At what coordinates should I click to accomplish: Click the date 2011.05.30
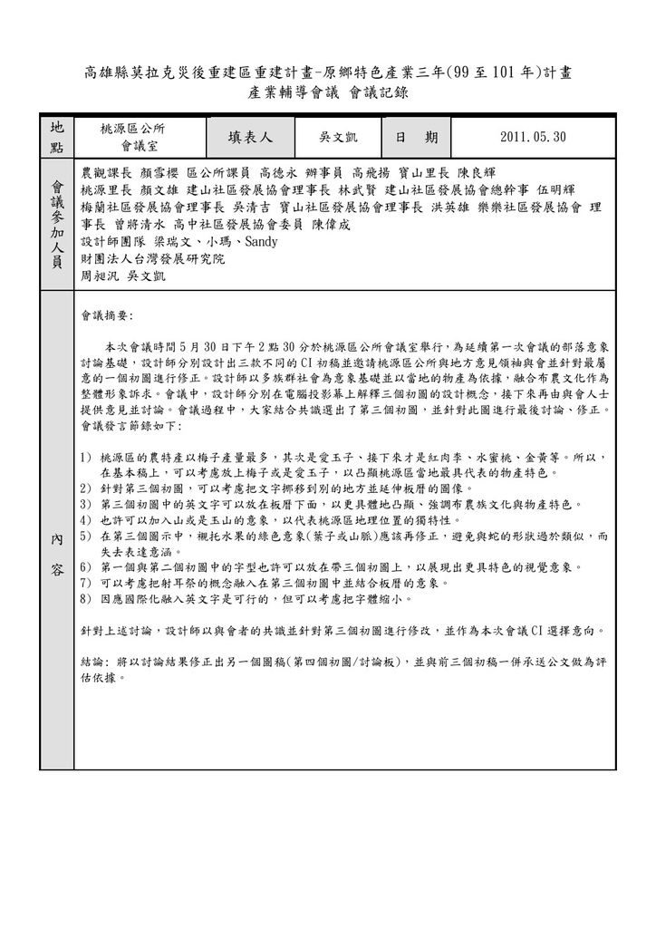coord(532,137)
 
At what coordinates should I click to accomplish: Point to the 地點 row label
coord(58,137)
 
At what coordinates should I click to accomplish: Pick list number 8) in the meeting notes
coord(86,599)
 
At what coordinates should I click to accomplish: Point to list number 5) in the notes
coord(86,536)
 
